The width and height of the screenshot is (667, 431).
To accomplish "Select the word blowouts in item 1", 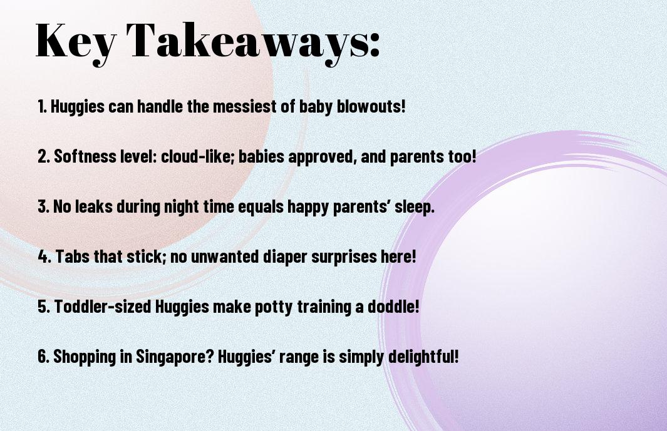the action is click(x=371, y=106).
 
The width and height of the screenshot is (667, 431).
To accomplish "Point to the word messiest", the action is click(x=245, y=106).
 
